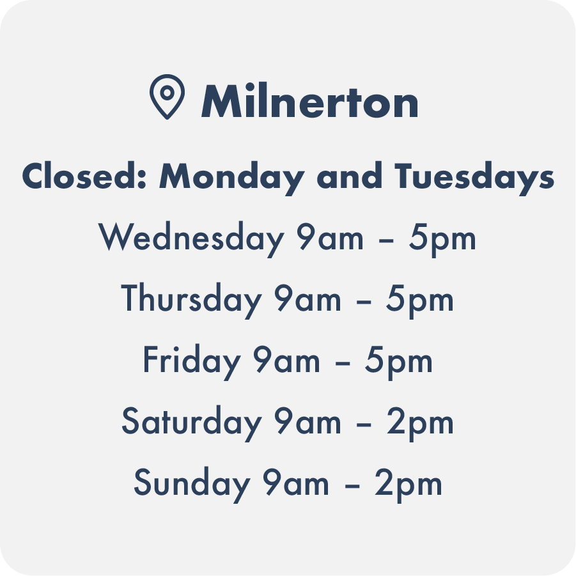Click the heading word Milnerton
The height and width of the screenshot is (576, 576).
click(x=309, y=100)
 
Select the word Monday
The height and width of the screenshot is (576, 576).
click(x=231, y=178)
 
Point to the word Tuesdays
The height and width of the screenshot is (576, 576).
click(x=474, y=178)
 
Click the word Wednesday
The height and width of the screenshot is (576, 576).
click(x=191, y=239)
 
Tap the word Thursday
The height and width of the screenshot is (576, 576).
click(x=191, y=300)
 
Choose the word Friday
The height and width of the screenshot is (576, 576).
click(x=191, y=361)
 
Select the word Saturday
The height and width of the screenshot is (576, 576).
click(x=191, y=423)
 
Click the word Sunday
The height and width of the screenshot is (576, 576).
click(x=192, y=484)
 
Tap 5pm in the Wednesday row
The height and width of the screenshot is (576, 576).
click(x=442, y=239)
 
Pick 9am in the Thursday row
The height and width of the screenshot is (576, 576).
click(x=308, y=299)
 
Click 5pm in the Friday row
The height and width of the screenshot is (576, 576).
click(x=398, y=361)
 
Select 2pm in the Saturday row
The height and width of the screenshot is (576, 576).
click(x=420, y=423)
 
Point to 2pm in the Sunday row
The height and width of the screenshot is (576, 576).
click(x=408, y=484)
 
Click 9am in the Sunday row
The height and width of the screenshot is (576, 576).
click(x=296, y=483)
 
